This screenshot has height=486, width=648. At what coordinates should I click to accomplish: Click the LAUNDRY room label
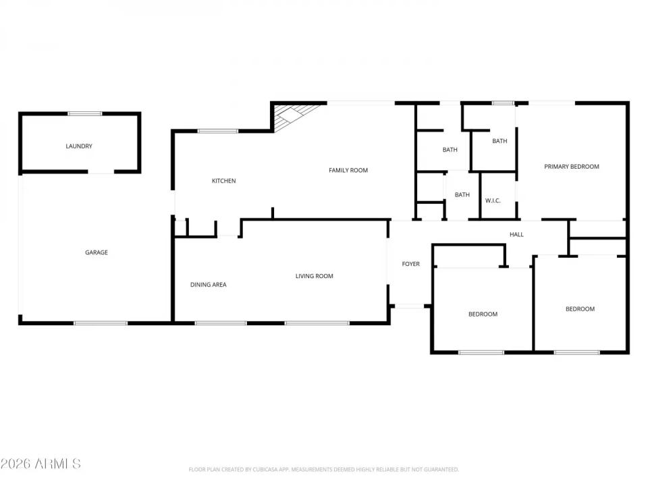pyautogui.click(x=79, y=146)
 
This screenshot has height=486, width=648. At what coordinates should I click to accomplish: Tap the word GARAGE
pyautogui.click(x=97, y=252)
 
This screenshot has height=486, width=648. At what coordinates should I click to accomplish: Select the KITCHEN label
pyautogui.click(x=223, y=181)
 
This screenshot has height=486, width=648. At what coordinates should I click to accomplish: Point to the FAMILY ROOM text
pyautogui.click(x=348, y=170)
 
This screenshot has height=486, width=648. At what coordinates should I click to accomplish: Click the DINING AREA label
pyautogui.click(x=208, y=285)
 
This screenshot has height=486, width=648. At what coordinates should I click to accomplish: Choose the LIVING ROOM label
pyautogui.click(x=315, y=276)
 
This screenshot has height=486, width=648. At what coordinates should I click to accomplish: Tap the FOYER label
pyautogui.click(x=411, y=264)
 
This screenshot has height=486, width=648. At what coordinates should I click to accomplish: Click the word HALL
pyautogui.click(x=516, y=235)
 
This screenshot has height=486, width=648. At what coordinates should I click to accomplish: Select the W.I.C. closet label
pyautogui.click(x=493, y=200)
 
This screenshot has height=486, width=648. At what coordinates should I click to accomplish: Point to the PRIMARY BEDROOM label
pyautogui.click(x=572, y=167)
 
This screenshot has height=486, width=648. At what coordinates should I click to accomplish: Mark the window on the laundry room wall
pyautogui.click(x=85, y=113)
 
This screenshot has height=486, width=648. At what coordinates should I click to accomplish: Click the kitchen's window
pyautogui.click(x=217, y=131)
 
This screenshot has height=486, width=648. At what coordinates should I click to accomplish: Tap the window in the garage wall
pyautogui.click(x=101, y=323)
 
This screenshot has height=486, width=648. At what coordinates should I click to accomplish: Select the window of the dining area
pyautogui.click(x=221, y=323)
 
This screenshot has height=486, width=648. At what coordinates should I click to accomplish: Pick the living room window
pyautogui.click(x=317, y=323)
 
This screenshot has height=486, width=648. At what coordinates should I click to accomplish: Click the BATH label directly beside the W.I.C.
pyautogui.click(x=462, y=195)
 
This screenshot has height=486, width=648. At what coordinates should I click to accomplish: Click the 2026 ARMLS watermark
pyautogui.click(x=40, y=464)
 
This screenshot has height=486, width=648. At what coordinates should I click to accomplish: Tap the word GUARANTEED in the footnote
pyautogui.click(x=441, y=469)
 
